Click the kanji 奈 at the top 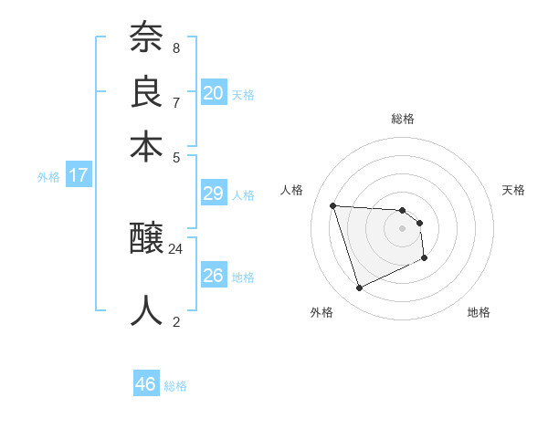click(x=147, y=37)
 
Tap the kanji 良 click(x=147, y=92)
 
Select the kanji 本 click(x=147, y=146)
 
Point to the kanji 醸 click(x=147, y=240)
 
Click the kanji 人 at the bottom click(x=147, y=309)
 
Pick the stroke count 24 click(x=176, y=248)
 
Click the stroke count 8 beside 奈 click(x=176, y=47)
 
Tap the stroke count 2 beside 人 click(x=176, y=320)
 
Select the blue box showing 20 click(x=214, y=93)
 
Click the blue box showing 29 click(x=214, y=194)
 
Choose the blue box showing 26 click(x=214, y=275)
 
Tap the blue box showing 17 click(x=79, y=175)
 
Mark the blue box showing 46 click(x=146, y=384)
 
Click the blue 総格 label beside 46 click(x=175, y=386)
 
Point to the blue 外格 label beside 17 click(x=48, y=177)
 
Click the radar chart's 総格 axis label click(x=403, y=119)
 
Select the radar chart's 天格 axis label click(x=514, y=190)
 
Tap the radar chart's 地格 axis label click(x=479, y=312)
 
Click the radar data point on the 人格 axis click(x=333, y=205)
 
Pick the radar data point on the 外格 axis click(x=359, y=288)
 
